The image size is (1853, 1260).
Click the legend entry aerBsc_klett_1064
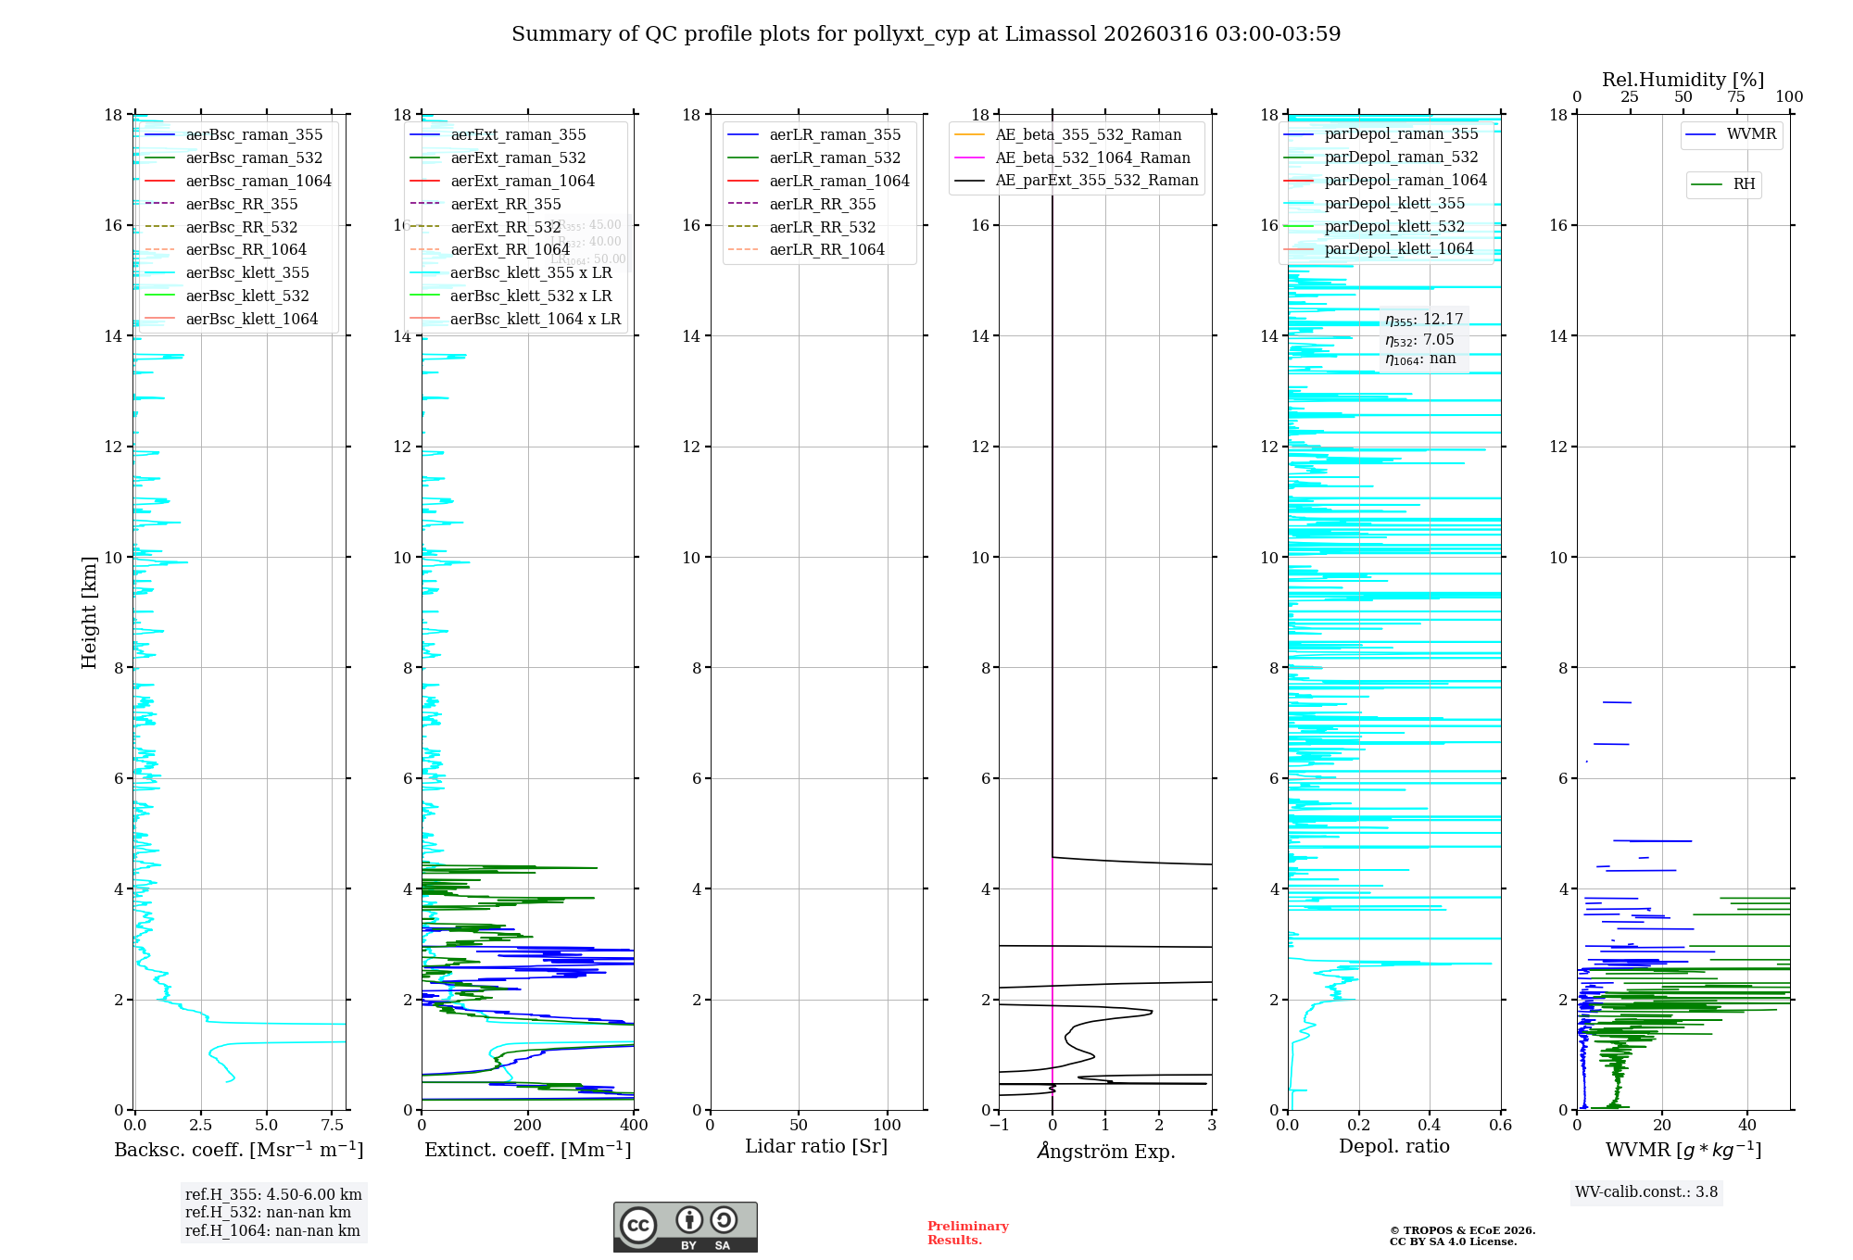[251, 319]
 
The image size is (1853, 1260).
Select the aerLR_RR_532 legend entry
[822, 227]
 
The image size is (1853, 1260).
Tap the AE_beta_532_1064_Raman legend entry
[1092, 157]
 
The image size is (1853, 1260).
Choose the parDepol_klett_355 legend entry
[1394, 203]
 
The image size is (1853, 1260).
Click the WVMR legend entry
[1751, 134]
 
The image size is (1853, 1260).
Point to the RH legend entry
[1744, 184]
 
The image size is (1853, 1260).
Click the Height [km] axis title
[89, 611]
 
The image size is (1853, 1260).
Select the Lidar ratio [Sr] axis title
[816, 1146]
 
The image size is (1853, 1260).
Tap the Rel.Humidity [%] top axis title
[1683, 80]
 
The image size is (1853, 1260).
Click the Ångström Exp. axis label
[1105, 1151]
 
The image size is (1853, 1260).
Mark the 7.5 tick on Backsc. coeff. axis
[333, 1126]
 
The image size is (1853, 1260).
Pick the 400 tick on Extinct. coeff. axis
[635, 1126]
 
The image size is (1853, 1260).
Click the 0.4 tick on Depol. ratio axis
[1430, 1126]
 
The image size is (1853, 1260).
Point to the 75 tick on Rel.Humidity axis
[1736, 97]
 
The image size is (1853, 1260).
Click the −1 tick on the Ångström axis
[999, 1126]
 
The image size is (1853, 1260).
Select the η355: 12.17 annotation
[1424, 320]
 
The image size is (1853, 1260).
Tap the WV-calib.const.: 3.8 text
[1646, 1191]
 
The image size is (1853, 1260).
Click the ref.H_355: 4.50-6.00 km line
[273, 1195]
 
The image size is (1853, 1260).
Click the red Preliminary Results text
[967, 1233]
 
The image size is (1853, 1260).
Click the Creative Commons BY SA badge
[685, 1228]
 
